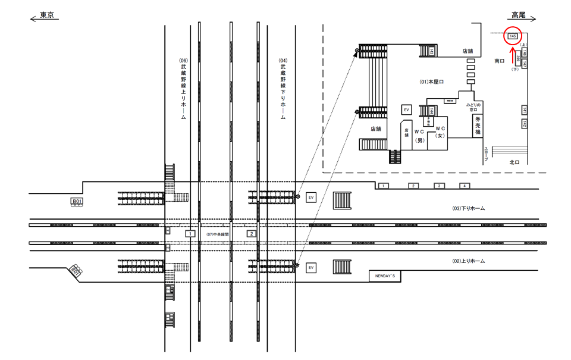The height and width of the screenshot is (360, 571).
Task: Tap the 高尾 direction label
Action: (x=518, y=15)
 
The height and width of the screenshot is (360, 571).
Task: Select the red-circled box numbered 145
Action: (x=512, y=36)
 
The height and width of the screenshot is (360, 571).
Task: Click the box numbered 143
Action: (x=430, y=52)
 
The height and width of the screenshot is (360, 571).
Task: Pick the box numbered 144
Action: (x=430, y=111)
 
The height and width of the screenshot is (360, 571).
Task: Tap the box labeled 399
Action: (x=519, y=58)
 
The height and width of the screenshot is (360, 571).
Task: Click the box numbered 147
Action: (x=525, y=62)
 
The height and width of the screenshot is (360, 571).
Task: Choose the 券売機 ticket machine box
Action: (x=476, y=126)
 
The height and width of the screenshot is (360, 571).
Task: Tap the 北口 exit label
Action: (x=515, y=162)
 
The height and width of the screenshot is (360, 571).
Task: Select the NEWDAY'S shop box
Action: (x=385, y=276)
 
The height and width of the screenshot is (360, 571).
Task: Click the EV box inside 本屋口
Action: (x=407, y=110)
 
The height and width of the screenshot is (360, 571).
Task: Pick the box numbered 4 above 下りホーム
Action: (x=465, y=186)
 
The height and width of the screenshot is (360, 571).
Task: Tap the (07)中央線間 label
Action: (x=218, y=234)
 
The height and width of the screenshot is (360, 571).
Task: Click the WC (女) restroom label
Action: (x=440, y=132)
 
